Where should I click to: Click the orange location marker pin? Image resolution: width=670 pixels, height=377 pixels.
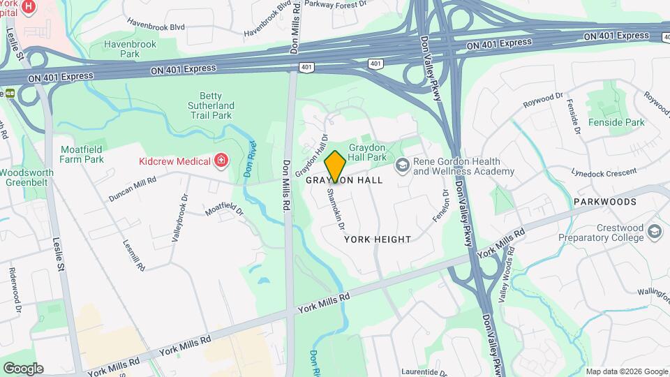point(335,166)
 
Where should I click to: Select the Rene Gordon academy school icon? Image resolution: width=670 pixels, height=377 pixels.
point(402,166)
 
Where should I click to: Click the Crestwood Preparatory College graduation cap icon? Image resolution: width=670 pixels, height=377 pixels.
point(654,231)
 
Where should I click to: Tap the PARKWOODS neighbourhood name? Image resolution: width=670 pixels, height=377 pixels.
point(605,202)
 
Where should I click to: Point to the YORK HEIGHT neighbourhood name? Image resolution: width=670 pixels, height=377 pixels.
point(378,239)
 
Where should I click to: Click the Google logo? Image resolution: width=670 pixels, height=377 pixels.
point(23,369)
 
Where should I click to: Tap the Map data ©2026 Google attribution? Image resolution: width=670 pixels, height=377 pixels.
point(627,371)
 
